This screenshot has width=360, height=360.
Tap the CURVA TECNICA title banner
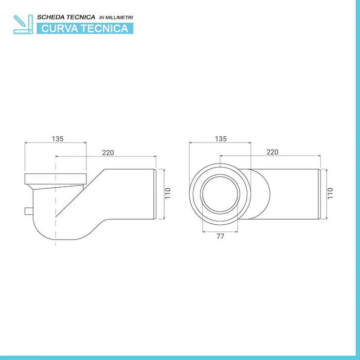tap(84, 28)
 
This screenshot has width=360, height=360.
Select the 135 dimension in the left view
tap(58, 139)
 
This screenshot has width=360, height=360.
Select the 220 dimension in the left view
tap(107, 152)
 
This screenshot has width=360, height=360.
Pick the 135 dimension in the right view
tap(221, 139)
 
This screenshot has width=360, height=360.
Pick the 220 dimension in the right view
tap(272, 152)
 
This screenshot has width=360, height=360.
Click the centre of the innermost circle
tap(220, 194)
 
